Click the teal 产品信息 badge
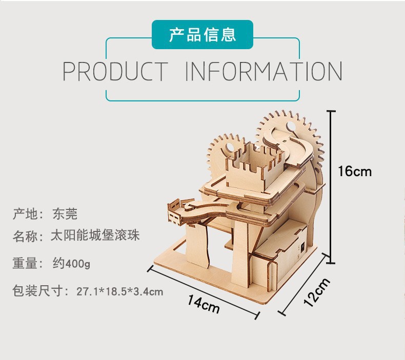click(x=202, y=35)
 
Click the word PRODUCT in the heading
click(x=115, y=71)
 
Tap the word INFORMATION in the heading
click(x=264, y=71)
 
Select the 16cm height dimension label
click(x=355, y=172)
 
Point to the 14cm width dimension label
click(x=204, y=305)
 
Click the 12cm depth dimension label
click(x=317, y=292)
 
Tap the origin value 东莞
click(x=65, y=214)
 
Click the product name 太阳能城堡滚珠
click(x=95, y=236)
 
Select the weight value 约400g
click(x=72, y=264)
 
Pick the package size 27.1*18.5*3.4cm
click(x=120, y=291)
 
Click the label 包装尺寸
click(x=38, y=291)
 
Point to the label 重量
click(x=25, y=263)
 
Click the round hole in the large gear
click(x=291, y=126)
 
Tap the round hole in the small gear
click(x=230, y=149)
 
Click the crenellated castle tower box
click(x=255, y=167)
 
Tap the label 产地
click(x=25, y=214)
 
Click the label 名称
click(x=25, y=236)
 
